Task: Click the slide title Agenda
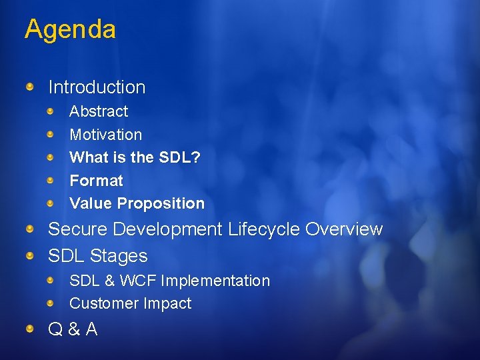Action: coord(70,29)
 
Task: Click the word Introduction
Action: coord(97,87)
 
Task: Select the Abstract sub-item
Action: coord(99,111)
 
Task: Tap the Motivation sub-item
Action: coord(105,135)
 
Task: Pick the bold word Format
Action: coord(96,181)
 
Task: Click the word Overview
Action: coord(344,229)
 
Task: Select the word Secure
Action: coord(78,229)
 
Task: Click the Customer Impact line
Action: coord(130,303)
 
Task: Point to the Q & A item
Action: coord(73,329)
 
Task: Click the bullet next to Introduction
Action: coord(31,87)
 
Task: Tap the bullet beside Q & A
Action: coord(31,328)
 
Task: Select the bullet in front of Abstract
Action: coord(51,111)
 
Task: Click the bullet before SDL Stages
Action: coord(31,255)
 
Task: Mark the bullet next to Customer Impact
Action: coord(51,303)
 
